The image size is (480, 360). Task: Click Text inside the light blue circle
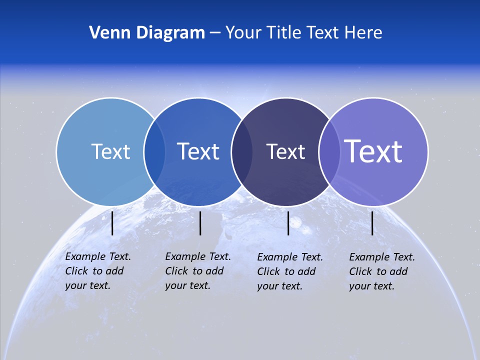point(110,151)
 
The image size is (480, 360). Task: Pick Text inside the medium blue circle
point(198,151)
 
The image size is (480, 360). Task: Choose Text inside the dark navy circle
point(285,151)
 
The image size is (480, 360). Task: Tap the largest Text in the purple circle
point(373,151)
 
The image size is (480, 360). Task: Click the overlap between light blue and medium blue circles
point(154,151)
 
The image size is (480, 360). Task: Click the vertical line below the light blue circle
point(112,223)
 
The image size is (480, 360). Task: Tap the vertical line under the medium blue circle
point(200,223)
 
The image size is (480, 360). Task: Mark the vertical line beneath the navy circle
point(288,223)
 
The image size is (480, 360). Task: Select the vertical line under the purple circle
point(372,223)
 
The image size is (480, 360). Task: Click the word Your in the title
point(243,32)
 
